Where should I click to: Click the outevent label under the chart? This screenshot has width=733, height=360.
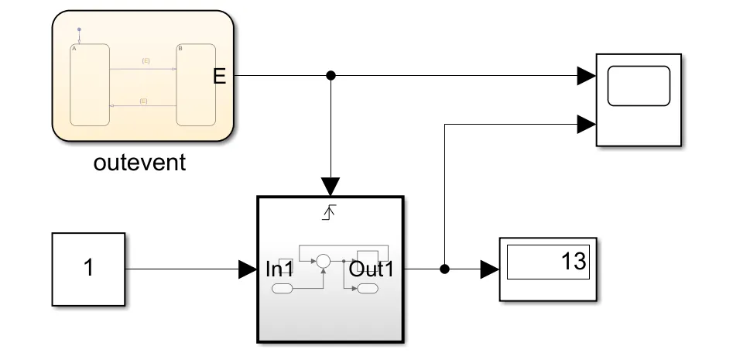[140, 163]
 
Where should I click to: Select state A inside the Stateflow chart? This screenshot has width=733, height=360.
[90, 85]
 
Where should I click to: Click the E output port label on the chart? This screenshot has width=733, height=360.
[220, 76]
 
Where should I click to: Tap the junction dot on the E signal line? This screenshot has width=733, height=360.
[331, 75]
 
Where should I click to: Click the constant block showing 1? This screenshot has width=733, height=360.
[88, 269]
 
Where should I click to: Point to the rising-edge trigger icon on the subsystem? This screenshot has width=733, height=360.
[330, 211]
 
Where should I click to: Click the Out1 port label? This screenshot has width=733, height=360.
[372, 269]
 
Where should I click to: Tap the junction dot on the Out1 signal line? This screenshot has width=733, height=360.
[444, 269]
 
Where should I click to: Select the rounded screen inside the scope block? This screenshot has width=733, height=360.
[639, 85]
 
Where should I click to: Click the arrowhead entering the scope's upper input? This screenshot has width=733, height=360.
[586, 75]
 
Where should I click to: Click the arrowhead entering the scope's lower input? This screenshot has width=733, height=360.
[586, 122]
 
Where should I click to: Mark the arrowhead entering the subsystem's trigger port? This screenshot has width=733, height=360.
[331, 187]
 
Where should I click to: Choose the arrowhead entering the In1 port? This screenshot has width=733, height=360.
[248, 269]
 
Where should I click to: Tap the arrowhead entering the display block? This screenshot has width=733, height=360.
[489, 269]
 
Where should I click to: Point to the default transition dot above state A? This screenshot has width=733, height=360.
[78, 29]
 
